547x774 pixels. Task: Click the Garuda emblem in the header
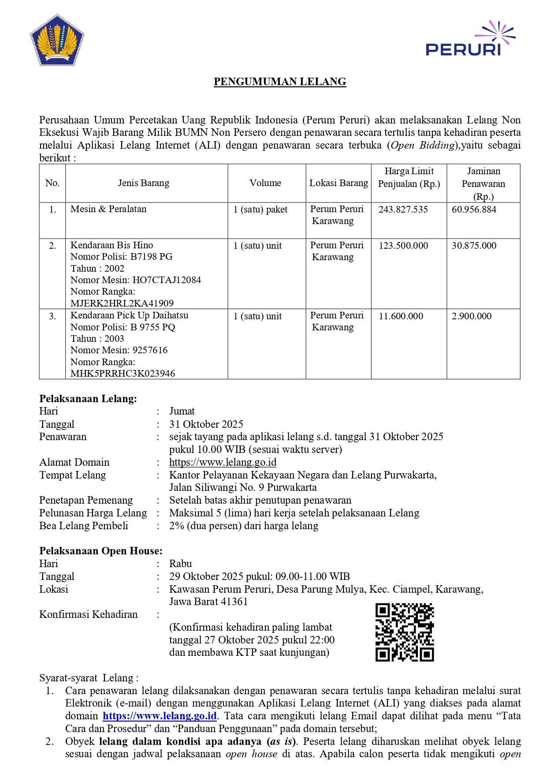pos(57,40)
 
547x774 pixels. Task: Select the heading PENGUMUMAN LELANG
pos(280,82)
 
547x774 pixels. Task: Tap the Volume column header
pos(265,183)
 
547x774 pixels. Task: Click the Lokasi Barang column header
pos(339,183)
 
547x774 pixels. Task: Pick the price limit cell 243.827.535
pos(403,209)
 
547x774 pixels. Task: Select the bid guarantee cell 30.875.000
pos(474,246)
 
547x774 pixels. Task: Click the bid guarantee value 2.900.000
pos(471,316)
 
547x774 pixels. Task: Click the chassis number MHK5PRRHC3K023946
pos(123,374)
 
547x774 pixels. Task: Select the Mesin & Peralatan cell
pos(108,209)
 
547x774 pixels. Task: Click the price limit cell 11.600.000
pos(401,316)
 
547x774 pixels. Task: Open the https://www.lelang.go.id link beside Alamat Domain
pos(223,462)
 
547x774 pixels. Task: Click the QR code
pos(404,632)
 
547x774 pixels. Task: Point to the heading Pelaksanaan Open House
pos(101,551)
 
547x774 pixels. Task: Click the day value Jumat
pos(182,411)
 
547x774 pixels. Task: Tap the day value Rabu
pos(180,564)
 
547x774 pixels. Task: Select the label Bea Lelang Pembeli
pos(84,526)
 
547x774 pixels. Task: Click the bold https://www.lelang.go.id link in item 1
pos(160,716)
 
